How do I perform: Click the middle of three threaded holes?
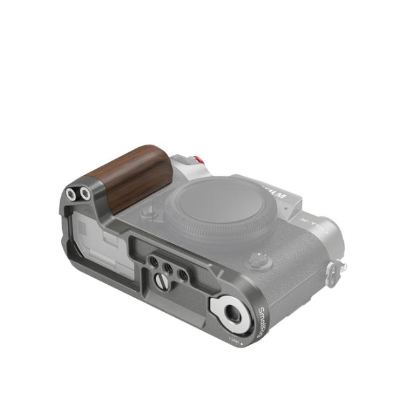(167, 268)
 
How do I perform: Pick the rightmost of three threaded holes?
(183, 275)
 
